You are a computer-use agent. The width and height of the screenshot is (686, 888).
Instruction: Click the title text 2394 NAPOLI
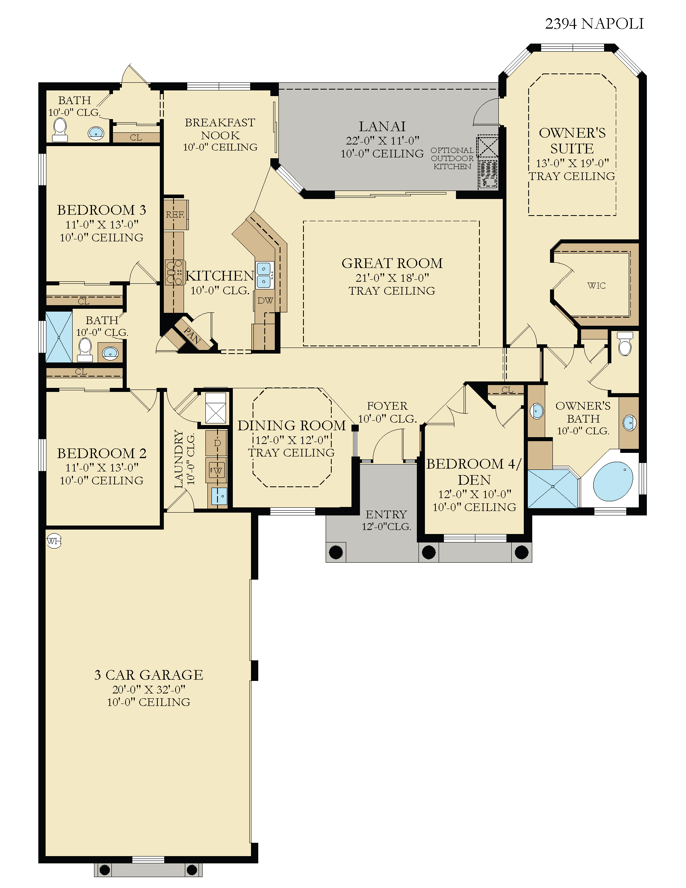[x=594, y=24]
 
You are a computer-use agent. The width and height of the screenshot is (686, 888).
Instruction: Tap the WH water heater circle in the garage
[x=54, y=541]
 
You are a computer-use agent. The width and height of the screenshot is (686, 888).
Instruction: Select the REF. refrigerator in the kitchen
[x=175, y=215]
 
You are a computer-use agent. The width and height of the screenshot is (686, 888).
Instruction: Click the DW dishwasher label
[x=266, y=300]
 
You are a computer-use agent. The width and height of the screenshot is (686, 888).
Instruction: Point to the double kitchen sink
[x=264, y=275]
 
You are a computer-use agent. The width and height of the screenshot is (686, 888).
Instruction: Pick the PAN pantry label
[x=192, y=335]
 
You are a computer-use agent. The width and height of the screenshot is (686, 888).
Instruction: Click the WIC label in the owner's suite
[x=596, y=285]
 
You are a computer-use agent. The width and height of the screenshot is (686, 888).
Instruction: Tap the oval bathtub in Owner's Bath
[x=613, y=481]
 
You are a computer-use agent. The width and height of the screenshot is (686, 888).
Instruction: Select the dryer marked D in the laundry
[x=217, y=443]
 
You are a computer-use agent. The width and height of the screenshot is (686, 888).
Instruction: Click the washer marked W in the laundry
[x=217, y=471]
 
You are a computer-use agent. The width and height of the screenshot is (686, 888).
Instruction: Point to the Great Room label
[x=392, y=263]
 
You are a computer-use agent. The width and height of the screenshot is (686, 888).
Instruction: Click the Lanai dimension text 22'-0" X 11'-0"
[x=383, y=141]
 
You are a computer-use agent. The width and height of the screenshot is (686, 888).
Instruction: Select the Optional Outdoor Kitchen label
[x=452, y=158]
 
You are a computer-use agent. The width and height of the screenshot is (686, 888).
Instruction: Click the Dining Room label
[x=291, y=425]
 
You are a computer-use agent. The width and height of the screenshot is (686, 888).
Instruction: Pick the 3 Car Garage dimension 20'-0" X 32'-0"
[x=149, y=689]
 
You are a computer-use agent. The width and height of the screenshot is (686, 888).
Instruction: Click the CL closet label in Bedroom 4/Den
[x=507, y=390]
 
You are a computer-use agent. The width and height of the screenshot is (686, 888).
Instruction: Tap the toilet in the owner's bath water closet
[x=625, y=343]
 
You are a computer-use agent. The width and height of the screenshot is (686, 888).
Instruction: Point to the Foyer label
[x=387, y=406]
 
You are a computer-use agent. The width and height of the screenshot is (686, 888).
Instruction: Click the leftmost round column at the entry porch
[x=336, y=552]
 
